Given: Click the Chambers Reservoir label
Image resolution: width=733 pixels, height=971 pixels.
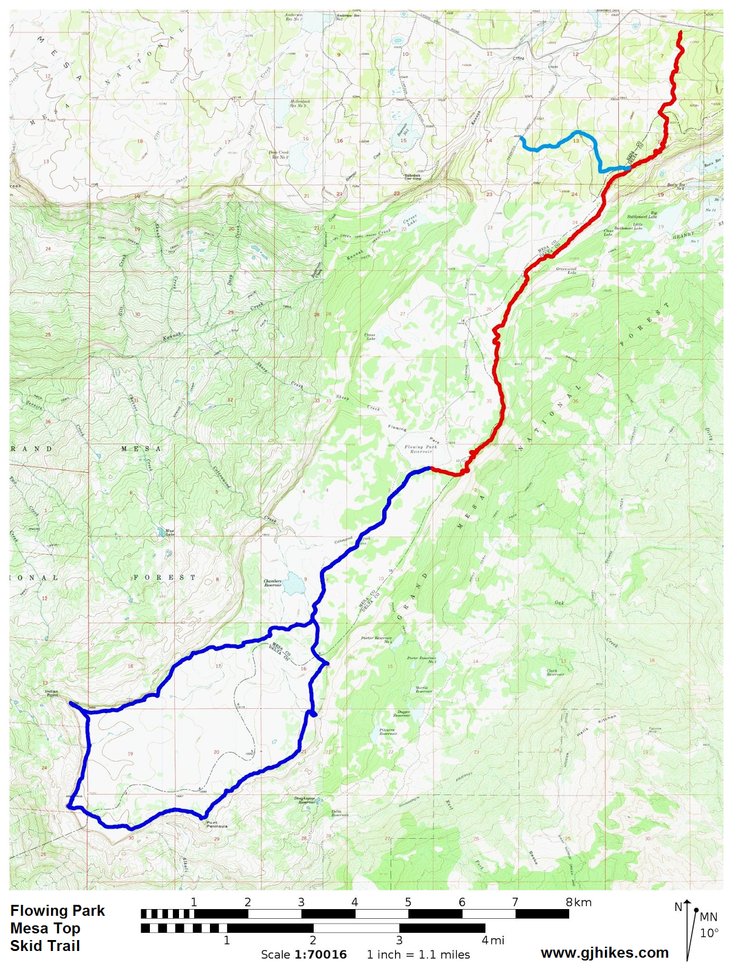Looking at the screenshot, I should click(x=272, y=583).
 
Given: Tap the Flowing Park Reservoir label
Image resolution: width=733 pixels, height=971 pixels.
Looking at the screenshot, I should click(x=421, y=449).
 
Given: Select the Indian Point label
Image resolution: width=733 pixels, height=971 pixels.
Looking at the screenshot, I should click(x=52, y=692).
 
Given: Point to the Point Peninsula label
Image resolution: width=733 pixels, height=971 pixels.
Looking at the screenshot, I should click(x=217, y=824).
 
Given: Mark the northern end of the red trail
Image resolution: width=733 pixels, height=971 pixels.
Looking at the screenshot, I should click(x=680, y=32).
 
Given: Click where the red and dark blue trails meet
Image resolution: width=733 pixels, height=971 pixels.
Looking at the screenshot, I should click(x=431, y=468).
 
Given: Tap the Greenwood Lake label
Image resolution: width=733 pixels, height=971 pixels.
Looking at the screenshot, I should click(x=566, y=271).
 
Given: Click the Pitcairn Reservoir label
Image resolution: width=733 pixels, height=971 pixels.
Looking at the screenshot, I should click(x=388, y=731).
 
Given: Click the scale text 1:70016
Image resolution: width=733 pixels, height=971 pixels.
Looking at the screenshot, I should click(x=320, y=954).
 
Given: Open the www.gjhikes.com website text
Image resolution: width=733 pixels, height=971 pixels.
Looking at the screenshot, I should click(x=604, y=953).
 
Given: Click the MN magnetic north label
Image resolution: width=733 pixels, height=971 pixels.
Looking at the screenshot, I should click(x=708, y=917).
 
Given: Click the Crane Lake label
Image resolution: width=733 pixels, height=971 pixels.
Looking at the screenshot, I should click(x=370, y=336).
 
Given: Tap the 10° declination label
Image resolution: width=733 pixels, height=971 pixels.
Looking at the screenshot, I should click(x=709, y=933).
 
